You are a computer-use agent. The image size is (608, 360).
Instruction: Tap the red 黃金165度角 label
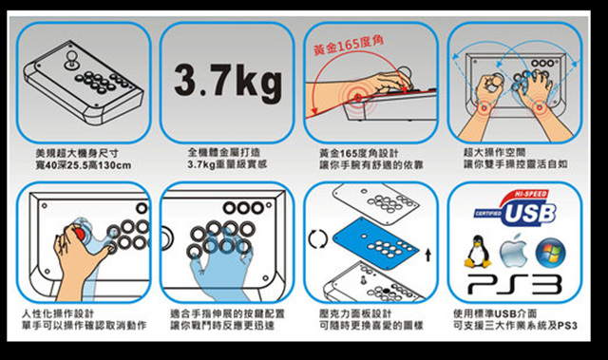(349, 46)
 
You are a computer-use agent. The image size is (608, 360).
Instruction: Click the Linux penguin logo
(477, 252)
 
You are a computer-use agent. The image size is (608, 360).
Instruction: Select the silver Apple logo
(513, 251)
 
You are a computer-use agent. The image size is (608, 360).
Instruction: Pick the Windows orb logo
(550, 253)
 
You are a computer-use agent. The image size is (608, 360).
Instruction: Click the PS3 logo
(514, 285)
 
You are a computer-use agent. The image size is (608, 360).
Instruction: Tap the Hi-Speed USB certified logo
(515, 208)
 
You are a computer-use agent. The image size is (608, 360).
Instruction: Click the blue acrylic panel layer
(376, 243)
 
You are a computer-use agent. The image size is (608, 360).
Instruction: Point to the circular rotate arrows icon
(317, 239)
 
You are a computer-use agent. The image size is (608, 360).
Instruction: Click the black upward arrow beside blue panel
(427, 255)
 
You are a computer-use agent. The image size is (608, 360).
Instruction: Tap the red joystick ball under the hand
(80, 234)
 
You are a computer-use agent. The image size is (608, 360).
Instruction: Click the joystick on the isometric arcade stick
(71, 60)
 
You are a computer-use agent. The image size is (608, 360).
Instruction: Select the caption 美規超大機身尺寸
(77, 153)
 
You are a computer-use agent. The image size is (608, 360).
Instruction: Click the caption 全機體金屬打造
(224, 152)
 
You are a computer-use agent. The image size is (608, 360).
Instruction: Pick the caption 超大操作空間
(494, 152)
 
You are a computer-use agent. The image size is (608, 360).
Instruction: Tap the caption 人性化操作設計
(58, 313)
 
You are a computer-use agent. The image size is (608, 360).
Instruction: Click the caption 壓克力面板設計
(355, 313)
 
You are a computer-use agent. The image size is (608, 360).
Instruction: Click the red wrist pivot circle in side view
(358, 97)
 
